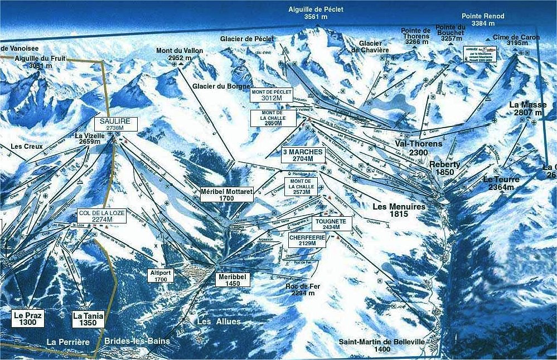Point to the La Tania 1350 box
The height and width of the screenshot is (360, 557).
tap(88, 319)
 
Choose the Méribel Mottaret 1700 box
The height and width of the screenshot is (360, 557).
tap(227, 194)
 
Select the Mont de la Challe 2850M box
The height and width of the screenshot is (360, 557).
tap(272, 118)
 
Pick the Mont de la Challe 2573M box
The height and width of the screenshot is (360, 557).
tap(301, 187)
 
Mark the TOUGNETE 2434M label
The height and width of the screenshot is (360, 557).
tap(331, 224)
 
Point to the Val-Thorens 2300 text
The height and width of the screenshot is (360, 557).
tap(418, 148)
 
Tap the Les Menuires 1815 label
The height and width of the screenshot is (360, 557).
tap(399, 210)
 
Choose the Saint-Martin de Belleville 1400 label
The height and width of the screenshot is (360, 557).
tap(382, 346)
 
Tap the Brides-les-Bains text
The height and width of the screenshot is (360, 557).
tap(137, 340)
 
